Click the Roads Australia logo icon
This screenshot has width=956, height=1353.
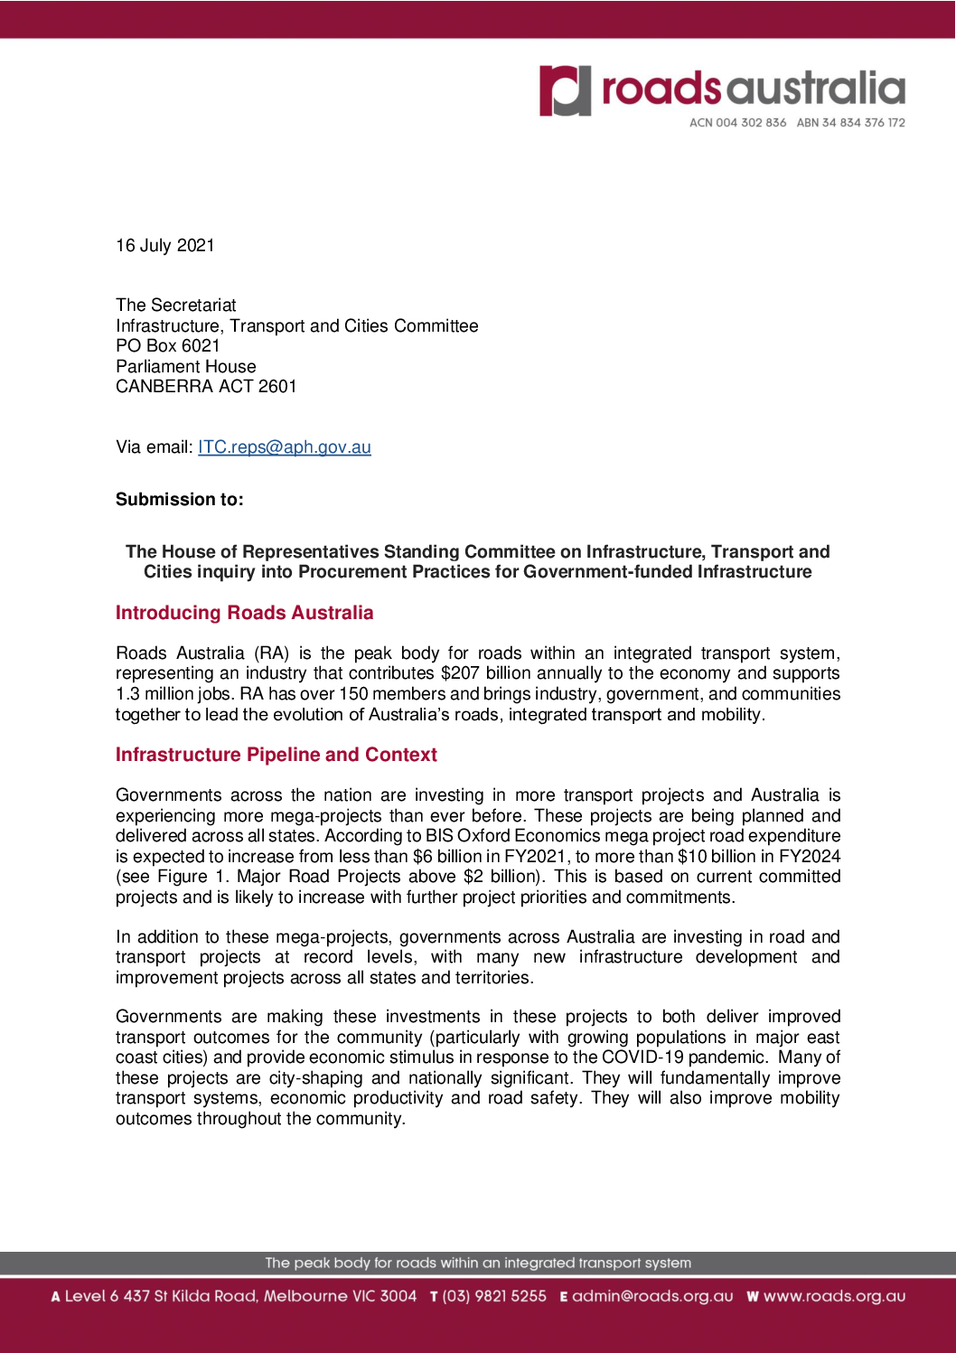tap(566, 90)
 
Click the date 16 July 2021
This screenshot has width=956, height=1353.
tap(165, 246)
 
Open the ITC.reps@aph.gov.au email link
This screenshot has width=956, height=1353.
tap(285, 447)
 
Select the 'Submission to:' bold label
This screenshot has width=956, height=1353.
tap(180, 500)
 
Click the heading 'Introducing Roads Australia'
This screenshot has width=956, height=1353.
tap(244, 613)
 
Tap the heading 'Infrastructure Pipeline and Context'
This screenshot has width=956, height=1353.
tap(276, 755)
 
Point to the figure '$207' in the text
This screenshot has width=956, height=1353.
tap(460, 673)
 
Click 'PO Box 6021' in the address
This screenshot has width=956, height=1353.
tap(168, 346)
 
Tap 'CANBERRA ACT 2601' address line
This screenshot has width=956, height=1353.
tap(206, 387)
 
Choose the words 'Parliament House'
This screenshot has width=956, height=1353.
tap(186, 367)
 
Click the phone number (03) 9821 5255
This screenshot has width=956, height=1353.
tap(494, 1296)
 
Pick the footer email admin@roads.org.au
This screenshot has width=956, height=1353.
tap(652, 1296)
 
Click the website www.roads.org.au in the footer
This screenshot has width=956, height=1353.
tap(834, 1296)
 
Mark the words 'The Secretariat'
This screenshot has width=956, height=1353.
tap(176, 305)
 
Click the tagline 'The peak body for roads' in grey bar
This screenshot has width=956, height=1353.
tap(477, 1263)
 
